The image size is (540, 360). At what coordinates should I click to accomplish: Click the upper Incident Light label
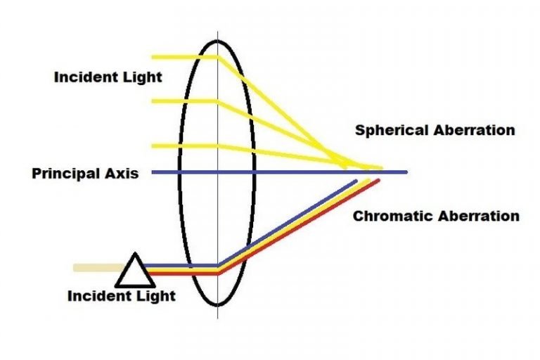pos(108,77)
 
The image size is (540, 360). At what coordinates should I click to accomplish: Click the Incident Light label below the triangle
pos(121,295)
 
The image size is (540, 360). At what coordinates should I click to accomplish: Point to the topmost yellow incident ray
pos(183,58)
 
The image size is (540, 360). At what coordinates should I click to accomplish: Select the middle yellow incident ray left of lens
pos(183,101)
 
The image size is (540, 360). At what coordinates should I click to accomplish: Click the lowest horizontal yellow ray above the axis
pos(183,146)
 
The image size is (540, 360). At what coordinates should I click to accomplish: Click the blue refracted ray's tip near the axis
pos(356,181)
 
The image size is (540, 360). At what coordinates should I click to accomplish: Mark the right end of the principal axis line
pos(406,172)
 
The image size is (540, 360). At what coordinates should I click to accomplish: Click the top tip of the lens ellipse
pos(217,39)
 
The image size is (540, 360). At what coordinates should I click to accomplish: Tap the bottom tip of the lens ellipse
pos(217,304)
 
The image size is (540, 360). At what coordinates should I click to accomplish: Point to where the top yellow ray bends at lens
pos(217,58)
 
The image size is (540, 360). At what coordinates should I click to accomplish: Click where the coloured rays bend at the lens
pos(219,269)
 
